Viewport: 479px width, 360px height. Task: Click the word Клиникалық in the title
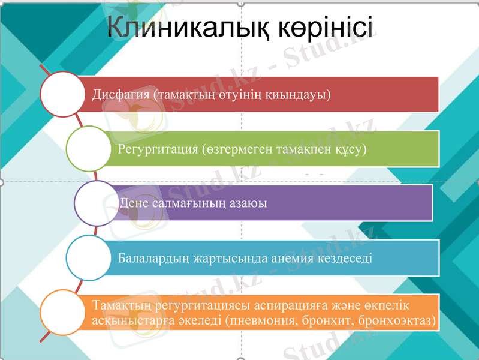[x=190, y=29]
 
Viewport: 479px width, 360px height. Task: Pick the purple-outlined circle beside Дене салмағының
[x=97, y=203]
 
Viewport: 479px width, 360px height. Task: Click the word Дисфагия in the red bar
[x=120, y=95]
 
